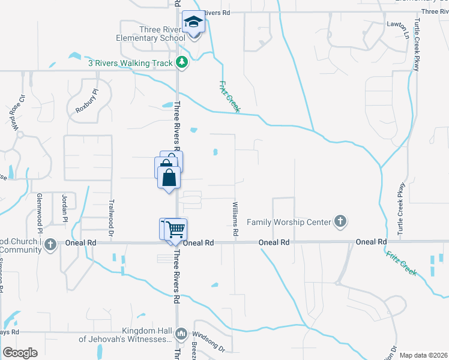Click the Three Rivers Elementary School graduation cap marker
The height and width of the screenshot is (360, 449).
193,23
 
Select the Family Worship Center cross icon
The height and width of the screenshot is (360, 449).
340,222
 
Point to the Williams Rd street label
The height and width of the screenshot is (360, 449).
236,218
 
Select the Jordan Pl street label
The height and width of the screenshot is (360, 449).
64,208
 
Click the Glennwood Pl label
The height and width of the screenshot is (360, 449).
40,213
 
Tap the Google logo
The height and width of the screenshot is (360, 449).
20,353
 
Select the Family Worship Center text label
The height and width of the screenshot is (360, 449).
289,222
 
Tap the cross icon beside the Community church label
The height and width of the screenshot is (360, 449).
50,244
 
